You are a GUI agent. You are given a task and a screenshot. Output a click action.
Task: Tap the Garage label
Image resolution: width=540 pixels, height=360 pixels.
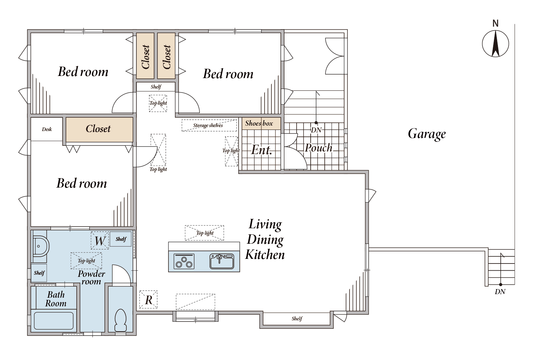click(427, 134)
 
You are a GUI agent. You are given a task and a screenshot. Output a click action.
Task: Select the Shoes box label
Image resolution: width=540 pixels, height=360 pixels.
click(259, 123)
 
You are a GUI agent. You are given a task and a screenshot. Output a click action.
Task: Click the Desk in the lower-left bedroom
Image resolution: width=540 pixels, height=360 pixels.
click(47, 129)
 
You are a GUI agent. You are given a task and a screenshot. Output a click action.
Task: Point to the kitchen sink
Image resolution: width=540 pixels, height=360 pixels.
click(221, 261)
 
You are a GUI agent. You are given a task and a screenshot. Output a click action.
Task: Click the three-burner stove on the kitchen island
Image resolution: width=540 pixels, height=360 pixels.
click(184, 261)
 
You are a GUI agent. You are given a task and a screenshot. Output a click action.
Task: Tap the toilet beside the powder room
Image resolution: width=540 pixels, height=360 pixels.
click(120, 320)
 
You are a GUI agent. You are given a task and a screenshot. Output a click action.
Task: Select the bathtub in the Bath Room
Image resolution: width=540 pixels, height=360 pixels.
click(54, 321)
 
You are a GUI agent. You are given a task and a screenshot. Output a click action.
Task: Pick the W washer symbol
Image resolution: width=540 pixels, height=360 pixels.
click(100, 240)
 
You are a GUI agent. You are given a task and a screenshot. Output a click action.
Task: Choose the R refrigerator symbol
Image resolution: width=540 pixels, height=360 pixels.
click(148, 300)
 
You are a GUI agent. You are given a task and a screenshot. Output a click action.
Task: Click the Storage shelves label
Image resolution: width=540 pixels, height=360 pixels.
click(208, 125)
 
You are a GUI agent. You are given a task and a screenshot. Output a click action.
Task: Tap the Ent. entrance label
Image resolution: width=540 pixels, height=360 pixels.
click(262, 150)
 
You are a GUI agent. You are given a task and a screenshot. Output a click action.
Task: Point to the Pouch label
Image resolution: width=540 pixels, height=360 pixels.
click(319, 148)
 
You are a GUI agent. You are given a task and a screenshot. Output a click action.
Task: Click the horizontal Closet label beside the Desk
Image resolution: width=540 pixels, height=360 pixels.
click(98, 129)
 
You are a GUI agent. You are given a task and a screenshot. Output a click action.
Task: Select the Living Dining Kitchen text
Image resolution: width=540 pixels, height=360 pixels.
click(265, 239)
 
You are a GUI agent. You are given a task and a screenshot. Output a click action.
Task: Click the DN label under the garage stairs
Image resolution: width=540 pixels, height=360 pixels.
click(500, 292)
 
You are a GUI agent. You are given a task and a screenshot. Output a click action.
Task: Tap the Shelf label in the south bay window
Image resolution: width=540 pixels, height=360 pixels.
click(297, 319)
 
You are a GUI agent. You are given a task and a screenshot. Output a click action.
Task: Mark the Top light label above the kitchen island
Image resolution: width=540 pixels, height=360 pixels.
click(205, 233)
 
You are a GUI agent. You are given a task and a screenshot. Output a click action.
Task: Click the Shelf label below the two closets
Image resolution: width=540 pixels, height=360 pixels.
click(156, 87)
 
